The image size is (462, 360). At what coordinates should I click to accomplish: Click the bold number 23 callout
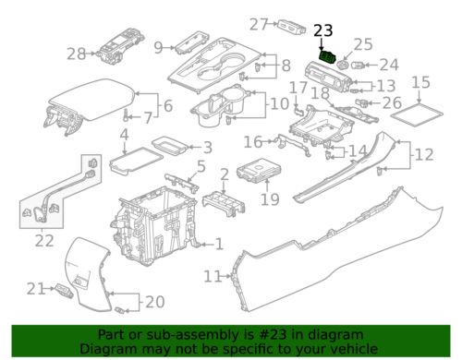(x=323, y=30)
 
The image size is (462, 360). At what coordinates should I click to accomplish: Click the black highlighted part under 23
(x=328, y=57)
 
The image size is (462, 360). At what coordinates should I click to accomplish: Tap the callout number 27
(x=259, y=24)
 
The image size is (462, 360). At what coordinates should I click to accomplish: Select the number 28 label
(x=76, y=54)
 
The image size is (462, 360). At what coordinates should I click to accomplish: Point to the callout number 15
(x=420, y=82)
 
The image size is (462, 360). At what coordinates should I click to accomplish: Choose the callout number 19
(x=270, y=199)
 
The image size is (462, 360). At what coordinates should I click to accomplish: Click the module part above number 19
(x=259, y=170)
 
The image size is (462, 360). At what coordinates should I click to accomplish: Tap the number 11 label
(x=213, y=276)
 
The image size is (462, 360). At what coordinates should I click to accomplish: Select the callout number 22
(x=44, y=241)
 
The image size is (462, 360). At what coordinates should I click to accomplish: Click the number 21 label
(x=36, y=289)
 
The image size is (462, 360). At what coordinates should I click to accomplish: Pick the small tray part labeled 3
(x=170, y=146)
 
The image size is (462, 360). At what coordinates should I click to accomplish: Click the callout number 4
(x=124, y=135)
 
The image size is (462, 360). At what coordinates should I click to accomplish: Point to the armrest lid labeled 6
(x=92, y=102)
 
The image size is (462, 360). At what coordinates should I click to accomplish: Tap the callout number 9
(x=158, y=48)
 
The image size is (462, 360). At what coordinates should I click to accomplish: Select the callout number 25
(x=363, y=44)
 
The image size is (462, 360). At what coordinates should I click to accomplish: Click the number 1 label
(x=219, y=245)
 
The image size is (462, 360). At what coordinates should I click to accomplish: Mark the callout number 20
(x=154, y=302)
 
